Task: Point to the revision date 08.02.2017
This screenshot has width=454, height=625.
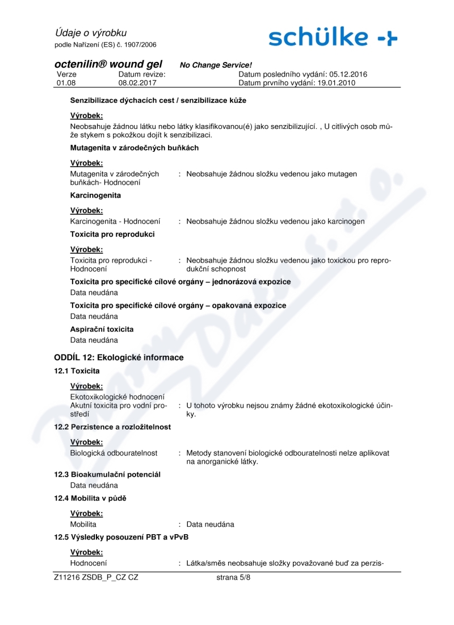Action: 137,83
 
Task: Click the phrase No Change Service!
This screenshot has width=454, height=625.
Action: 216,65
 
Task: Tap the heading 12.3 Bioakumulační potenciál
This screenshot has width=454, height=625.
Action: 107,474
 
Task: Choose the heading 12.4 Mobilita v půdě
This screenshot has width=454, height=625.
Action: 90,498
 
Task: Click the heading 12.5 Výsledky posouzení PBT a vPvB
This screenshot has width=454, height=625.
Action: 121,537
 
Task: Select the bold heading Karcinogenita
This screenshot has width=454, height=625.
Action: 95,195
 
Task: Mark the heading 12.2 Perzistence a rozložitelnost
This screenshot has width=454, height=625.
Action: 112,427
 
